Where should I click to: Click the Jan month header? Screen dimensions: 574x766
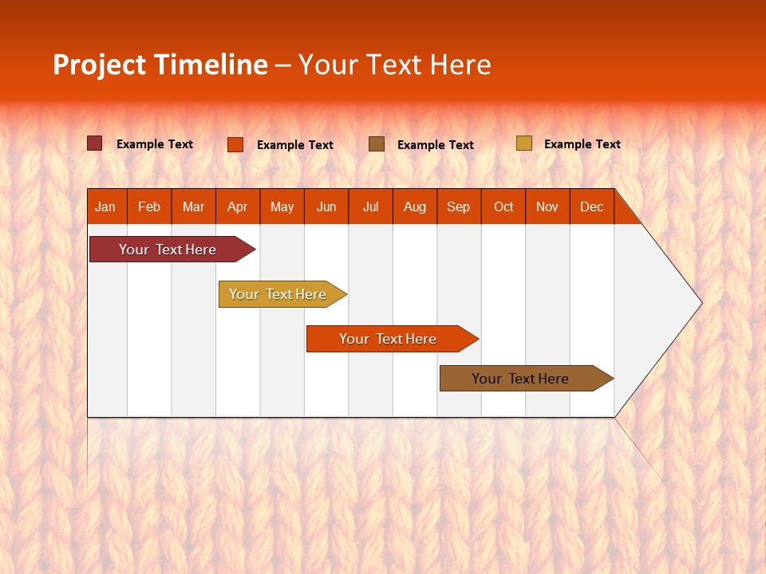[105, 207]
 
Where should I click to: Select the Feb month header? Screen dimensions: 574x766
[149, 207]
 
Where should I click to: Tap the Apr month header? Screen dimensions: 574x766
[238, 207]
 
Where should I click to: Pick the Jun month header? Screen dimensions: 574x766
[326, 207]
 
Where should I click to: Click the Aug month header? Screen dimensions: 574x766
[415, 207]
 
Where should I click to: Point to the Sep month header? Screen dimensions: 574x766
[459, 207]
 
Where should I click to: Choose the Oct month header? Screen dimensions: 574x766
[503, 207]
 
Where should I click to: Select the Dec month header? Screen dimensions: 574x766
[592, 207]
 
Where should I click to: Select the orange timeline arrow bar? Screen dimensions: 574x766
[389, 339]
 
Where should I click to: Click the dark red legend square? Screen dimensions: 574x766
[95, 143]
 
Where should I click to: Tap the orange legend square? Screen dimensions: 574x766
[235, 144]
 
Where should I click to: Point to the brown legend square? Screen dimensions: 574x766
[377, 143]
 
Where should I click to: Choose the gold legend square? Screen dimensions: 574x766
[523, 143]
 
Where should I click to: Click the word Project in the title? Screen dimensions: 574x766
[100, 65]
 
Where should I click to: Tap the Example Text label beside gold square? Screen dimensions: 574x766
[582, 144]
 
